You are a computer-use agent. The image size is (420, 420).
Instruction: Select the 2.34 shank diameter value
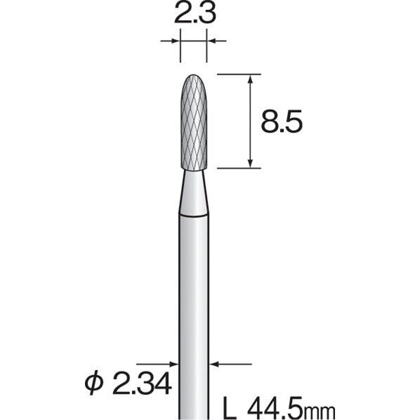coord(133,383)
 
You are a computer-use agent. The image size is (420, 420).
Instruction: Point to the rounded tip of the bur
coord(193,77)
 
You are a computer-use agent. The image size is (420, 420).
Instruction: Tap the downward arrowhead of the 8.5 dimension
coord(251,163)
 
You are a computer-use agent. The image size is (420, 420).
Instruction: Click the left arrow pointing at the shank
coord(172,364)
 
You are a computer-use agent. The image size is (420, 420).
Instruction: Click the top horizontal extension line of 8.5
coord(239,73)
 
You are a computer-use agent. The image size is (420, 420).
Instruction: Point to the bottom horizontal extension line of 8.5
coord(239,168)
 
